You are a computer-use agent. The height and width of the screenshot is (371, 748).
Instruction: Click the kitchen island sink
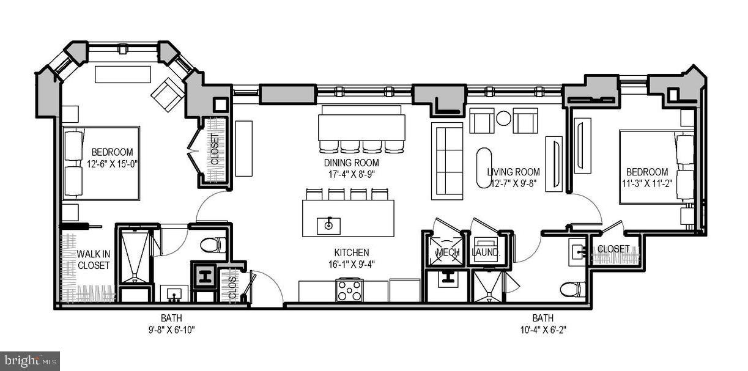point(328,225)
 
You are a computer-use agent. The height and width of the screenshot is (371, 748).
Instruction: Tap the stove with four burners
point(349,290)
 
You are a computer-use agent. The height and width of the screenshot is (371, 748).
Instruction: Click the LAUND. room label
point(486,252)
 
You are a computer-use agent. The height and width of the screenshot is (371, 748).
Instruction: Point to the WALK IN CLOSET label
point(93,260)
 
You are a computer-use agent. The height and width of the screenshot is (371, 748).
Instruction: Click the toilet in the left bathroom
point(212,246)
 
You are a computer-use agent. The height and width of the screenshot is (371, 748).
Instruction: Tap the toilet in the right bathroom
point(572,288)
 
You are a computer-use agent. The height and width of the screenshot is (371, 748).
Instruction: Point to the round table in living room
point(503,119)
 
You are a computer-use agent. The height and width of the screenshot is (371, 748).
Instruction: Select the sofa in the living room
point(447,161)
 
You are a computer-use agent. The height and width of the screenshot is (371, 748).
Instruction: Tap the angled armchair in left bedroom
point(167,94)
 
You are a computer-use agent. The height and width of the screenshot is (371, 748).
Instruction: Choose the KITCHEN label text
point(351,252)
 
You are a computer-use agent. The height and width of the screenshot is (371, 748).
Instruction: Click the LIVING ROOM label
point(513,172)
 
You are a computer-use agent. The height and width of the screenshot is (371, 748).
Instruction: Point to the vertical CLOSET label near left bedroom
point(215,150)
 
